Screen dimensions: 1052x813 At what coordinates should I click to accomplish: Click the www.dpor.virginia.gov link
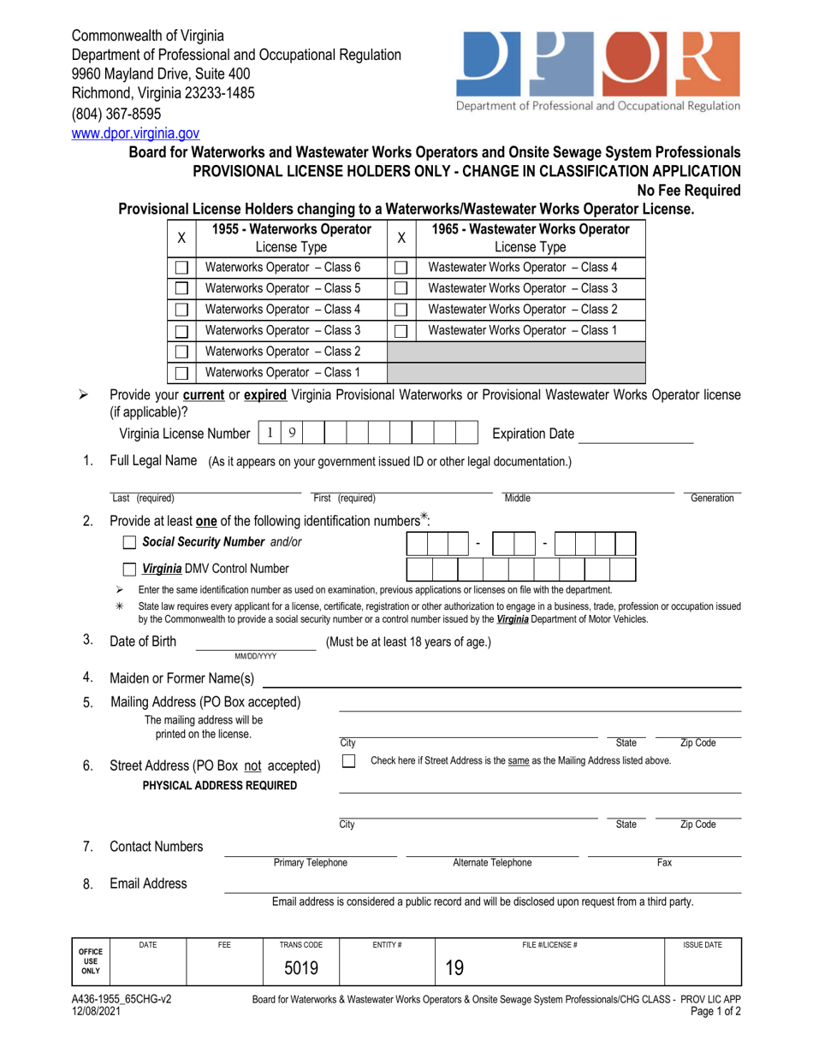coord(135,133)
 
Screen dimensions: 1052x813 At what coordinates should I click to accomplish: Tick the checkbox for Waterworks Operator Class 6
coord(181,267)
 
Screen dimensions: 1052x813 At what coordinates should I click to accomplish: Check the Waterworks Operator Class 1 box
coord(181,373)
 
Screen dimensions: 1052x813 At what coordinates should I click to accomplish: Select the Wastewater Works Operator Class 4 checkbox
coord(401,267)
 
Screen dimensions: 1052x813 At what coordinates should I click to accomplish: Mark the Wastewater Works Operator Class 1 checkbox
coord(401,330)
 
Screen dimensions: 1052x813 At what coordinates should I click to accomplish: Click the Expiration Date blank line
coord(635,434)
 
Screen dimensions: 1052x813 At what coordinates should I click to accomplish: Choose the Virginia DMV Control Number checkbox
coord(129,569)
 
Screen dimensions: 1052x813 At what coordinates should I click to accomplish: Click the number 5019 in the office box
coord(301,967)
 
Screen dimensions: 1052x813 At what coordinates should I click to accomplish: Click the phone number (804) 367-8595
coord(116,114)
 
